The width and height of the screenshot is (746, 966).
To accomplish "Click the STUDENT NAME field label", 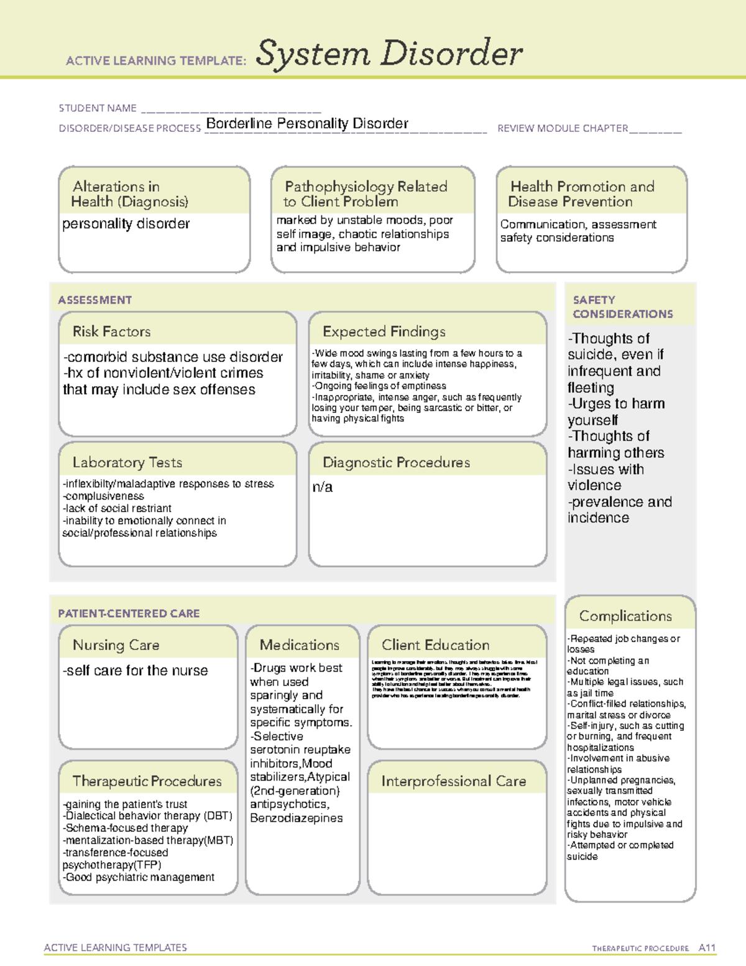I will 98,108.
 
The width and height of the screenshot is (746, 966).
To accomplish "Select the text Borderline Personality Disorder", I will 307,123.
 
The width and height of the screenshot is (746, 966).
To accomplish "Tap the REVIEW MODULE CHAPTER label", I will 563,128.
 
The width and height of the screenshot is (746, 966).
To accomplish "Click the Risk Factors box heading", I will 112,332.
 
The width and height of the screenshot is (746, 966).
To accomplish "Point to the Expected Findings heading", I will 384,332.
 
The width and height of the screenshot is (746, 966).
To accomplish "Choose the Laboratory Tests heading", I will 127,462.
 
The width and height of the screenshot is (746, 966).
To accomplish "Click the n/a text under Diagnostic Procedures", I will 322,487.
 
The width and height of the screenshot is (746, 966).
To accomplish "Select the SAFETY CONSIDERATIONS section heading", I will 622,307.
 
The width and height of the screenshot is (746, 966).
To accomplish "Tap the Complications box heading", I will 625,616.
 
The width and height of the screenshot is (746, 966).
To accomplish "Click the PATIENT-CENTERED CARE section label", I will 129,613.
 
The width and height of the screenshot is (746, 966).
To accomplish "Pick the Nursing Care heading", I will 116,645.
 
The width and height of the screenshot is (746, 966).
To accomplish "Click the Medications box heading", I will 300,645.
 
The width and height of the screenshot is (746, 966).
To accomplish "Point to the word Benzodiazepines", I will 296,818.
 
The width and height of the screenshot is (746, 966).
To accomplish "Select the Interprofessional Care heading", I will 453,781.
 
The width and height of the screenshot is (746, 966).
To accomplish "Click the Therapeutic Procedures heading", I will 147,781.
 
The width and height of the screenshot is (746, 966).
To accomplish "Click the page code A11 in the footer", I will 707,947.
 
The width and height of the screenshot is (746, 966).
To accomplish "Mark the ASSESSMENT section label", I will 94,300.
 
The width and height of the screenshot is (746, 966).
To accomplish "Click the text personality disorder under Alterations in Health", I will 126,224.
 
